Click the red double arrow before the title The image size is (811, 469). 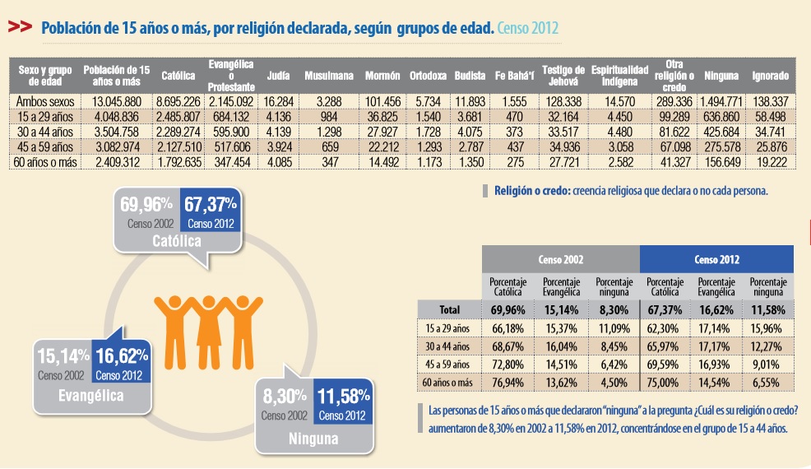click(x=21, y=27)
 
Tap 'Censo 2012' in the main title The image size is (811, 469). click(x=527, y=27)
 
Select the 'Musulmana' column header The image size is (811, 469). click(x=329, y=76)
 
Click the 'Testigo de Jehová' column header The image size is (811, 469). click(x=563, y=76)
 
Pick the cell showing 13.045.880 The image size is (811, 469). click(x=117, y=101)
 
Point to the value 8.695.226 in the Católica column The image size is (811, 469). click(x=178, y=101)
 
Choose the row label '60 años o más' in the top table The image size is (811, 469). click(x=45, y=162)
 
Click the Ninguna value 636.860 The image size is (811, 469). click(x=721, y=117)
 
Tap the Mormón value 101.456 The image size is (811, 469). click(x=382, y=101)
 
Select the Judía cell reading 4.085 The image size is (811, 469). click(x=280, y=162)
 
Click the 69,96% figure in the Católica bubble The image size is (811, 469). click(x=146, y=205)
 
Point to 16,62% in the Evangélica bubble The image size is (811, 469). click(x=122, y=356)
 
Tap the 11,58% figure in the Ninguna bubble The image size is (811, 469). click(x=344, y=397)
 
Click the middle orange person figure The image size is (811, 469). click(x=208, y=332)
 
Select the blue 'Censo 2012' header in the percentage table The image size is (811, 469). click(x=717, y=259)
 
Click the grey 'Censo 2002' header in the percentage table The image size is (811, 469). click(x=561, y=259)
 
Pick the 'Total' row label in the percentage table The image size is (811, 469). click(x=449, y=309)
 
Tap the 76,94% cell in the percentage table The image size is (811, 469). click(x=508, y=383)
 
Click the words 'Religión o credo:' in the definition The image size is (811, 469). click(x=532, y=191)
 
